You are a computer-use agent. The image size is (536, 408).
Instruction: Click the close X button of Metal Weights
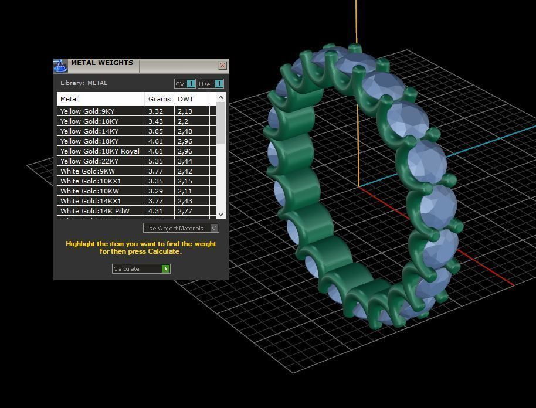pos(222,66)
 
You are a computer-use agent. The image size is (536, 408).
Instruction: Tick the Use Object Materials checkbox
pos(215,228)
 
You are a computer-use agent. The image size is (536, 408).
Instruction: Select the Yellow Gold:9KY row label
pos(87,111)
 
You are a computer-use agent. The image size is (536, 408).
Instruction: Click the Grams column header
pos(159,99)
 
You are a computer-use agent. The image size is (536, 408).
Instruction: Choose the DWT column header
pos(185,99)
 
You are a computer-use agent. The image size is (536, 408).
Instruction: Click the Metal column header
pos(69,99)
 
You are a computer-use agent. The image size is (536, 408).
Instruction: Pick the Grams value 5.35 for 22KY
pos(156,161)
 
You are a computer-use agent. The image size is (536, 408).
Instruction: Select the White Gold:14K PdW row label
pos(95,211)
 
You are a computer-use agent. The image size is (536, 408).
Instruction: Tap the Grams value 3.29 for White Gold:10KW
pos(156,191)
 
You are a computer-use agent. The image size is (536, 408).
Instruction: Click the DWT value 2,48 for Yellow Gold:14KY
pos(185,131)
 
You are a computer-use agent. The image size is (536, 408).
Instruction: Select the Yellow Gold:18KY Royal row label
pos(100,151)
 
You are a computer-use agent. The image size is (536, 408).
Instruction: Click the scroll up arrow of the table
pos(220,97)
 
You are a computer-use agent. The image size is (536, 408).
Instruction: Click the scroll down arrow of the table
pos(220,215)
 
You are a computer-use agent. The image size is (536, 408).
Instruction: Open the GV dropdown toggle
pos(191,84)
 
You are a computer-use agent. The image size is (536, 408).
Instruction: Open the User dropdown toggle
pos(219,84)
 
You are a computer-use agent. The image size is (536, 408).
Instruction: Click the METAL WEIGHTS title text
pos(102,63)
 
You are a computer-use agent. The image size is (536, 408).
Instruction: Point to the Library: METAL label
pos(84,83)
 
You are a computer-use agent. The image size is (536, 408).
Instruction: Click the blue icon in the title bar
pos(60,66)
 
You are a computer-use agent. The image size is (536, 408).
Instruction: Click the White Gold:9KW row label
pos(87,171)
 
